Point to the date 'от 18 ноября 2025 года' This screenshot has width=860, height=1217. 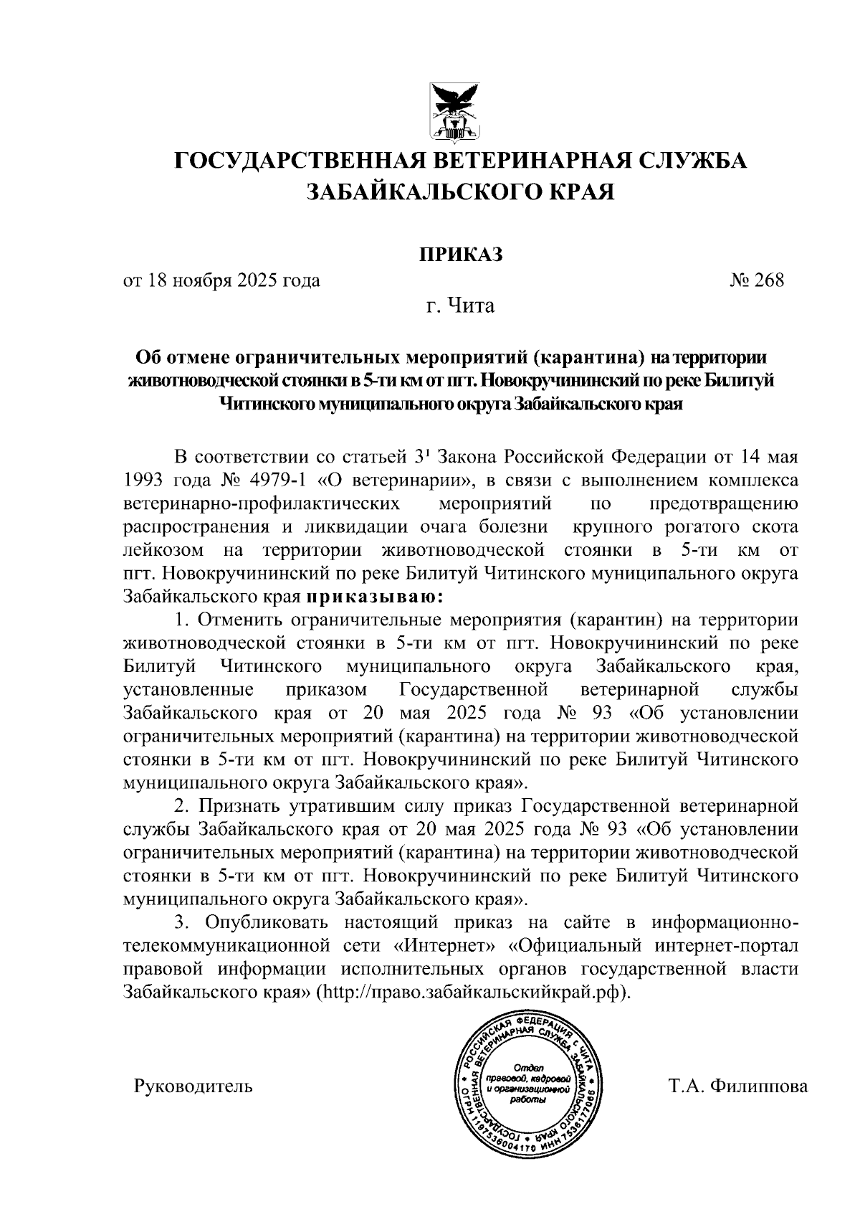pyautogui.click(x=221, y=280)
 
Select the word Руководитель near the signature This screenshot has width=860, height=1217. pyautogui.click(x=193, y=1086)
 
